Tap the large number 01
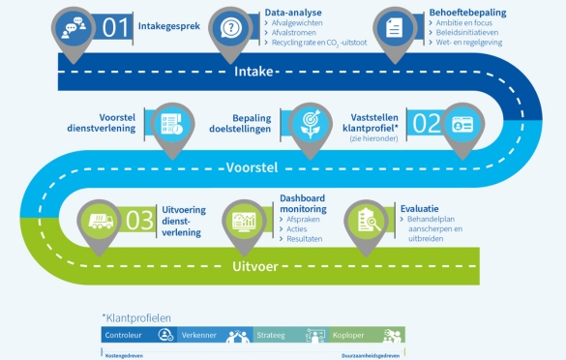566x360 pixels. [x=116, y=27]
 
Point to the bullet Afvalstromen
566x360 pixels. [x=289, y=35]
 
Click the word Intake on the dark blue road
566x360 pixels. [x=254, y=73]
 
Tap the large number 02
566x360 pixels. [x=426, y=123]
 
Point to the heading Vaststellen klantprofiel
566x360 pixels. [x=374, y=122]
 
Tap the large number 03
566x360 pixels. [x=139, y=220]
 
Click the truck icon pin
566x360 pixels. [x=100, y=221]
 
